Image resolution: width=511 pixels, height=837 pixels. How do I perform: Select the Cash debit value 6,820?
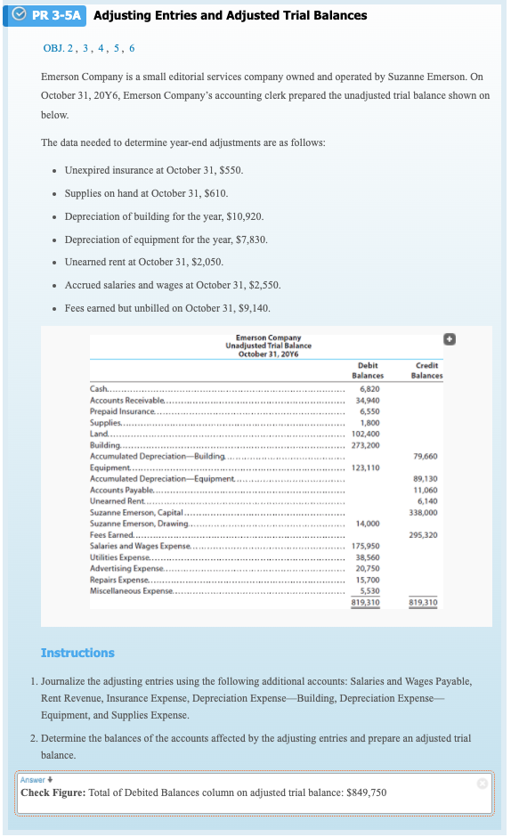pos(370,389)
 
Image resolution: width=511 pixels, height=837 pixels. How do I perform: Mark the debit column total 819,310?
pos(367,603)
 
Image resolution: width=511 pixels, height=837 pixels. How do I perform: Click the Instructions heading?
pos(77,653)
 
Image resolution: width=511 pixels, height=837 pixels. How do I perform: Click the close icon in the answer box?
pos(482,783)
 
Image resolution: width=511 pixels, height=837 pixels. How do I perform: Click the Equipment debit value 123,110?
pos(367,467)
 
